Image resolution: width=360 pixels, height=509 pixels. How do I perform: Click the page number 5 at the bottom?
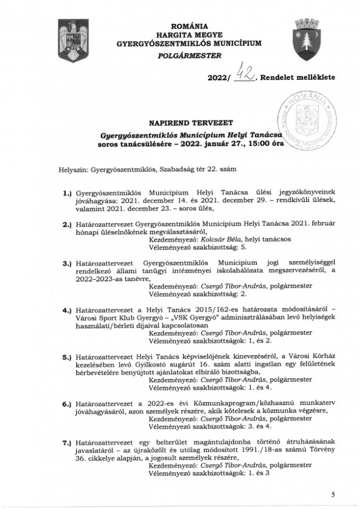[x=334, y=495]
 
